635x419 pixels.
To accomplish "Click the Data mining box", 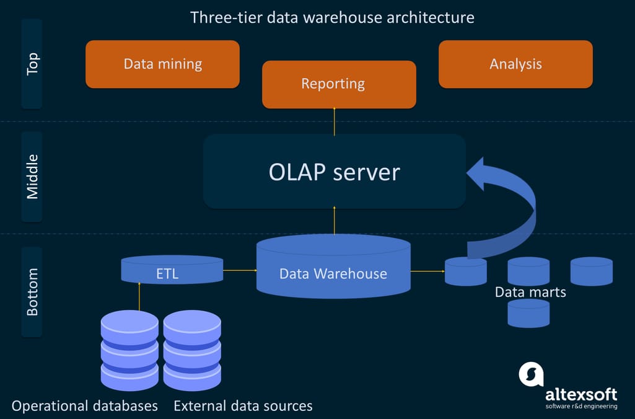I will tap(162, 64).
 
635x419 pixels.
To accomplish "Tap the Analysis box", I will tap(515, 64).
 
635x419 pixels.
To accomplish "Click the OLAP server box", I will tap(335, 172).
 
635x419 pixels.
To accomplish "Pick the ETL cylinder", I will tap(172, 270).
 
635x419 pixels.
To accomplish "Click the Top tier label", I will tap(32, 64).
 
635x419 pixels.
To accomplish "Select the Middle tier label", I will tap(32, 177).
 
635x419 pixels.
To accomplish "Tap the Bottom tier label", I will tap(32, 291).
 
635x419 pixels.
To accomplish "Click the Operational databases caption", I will tap(85, 406).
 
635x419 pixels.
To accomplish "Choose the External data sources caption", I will tap(243, 406).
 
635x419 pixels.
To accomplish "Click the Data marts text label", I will tap(530, 292).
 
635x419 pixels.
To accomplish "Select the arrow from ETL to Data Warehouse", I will tap(240, 270).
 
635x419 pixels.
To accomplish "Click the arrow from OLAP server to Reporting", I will tap(335, 121).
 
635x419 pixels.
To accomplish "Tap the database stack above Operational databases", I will tap(129, 350).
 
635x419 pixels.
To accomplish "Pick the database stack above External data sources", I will tap(192, 350).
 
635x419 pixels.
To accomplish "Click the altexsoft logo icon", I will tap(531, 374).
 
